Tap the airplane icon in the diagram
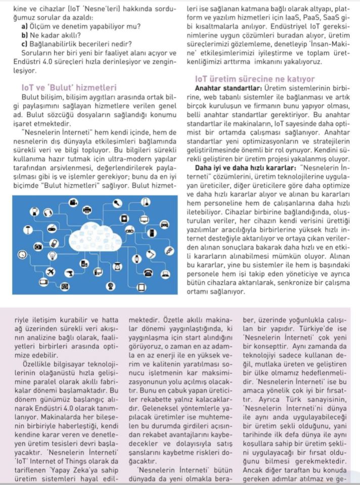point(51,272)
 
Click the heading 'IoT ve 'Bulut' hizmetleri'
point(66,87)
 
